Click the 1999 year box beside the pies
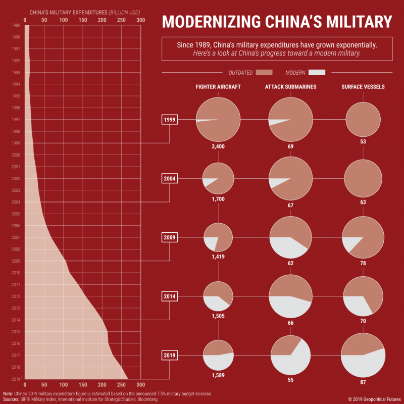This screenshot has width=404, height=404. [169, 120]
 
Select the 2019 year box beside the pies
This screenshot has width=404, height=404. [169, 356]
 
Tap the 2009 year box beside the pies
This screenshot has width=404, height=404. [169, 237]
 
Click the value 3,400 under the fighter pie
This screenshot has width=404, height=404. [218, 146]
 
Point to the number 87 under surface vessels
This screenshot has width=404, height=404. [363, 382]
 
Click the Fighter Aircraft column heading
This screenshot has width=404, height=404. [218, 87]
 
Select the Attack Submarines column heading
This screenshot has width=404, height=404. [291, 87]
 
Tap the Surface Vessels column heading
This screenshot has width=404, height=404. [363, 87]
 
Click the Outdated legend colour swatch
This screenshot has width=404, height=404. [264, 72]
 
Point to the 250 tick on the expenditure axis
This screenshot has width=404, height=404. [122, 20]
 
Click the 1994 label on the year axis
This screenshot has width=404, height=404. [16, 84]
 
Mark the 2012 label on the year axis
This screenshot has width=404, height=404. [16, 296]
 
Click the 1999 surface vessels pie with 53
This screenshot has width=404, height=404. [363, 120]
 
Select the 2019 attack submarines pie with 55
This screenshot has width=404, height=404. [291, 355]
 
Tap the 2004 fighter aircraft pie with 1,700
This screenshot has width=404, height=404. [218, 179]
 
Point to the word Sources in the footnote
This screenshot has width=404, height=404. [11, 399]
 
